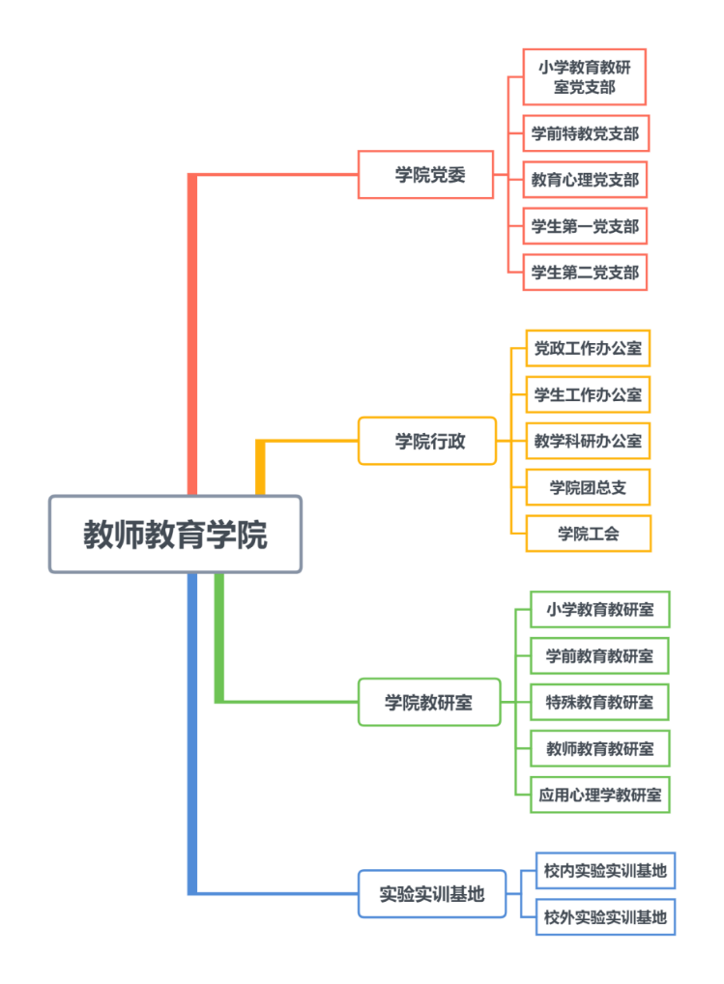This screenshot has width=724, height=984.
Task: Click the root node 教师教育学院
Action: click(x=175, y=535)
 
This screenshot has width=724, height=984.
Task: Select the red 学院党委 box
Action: click(x=426, y=175)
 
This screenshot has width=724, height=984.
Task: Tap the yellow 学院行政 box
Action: click(x=427, y=441)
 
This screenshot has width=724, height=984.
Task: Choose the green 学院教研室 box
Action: click(x=429, y=703)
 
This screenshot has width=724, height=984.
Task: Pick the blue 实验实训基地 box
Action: click(x=431, y=894)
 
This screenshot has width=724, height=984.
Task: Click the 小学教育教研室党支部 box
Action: click(x=584, y=77)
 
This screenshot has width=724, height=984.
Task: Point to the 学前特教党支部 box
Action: click(x=585, y=133)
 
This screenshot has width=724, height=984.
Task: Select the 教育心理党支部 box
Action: click(x=585, y=180)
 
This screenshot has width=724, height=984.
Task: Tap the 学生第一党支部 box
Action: click(x=585, y=226)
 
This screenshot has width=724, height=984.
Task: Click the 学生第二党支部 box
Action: click(x=585, y=273)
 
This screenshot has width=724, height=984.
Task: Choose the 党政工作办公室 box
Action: click(x=588, y=348)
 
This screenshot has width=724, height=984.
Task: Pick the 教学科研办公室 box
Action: click(x=588, y=441)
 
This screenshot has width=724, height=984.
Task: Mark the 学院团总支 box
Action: click(x=588, y=487)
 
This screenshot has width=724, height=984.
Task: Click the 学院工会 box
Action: click(x=588, y=534)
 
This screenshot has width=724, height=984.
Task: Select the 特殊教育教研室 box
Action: click(x=599, y=702)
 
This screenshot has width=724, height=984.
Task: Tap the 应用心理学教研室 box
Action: click(x=599, y=795)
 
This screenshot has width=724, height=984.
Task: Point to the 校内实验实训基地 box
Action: click(x=605, y=871)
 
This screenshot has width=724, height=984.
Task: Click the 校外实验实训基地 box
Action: click(x=605, y=917)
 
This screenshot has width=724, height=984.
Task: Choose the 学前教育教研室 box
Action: click(x=599, y=655)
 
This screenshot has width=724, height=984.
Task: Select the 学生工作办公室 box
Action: click(x=588, y=394)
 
